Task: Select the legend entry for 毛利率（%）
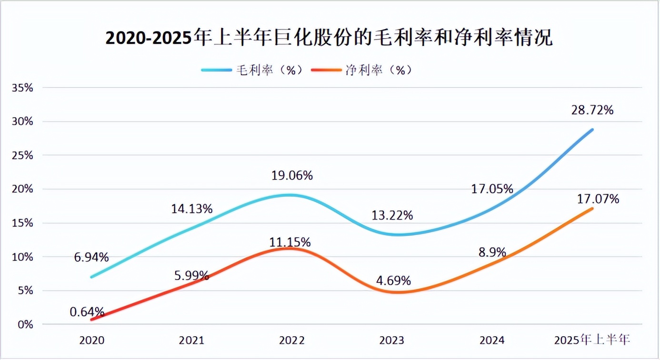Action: [x=252, y=70]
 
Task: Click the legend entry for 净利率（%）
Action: [x=361, y=70]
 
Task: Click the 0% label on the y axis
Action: [x=26, y=324]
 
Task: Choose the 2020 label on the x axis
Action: [x=91, y=340]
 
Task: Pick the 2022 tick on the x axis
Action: [x=292, y=340]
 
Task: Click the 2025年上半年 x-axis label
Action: [x=592, y=340]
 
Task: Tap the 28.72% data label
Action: [x=592, y=110]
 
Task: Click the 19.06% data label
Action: [x=292, y=176]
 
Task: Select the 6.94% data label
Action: [x=91, y=258]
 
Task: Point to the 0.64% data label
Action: [x=87, y=312]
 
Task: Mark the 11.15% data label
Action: [x=290, y=242]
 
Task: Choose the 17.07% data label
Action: [x=599, y=199]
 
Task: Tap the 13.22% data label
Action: [x=392, y=216]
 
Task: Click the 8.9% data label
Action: [x=492, y=252]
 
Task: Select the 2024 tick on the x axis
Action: [x=492, y=340]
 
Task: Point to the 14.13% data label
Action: [x=192, y=209]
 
